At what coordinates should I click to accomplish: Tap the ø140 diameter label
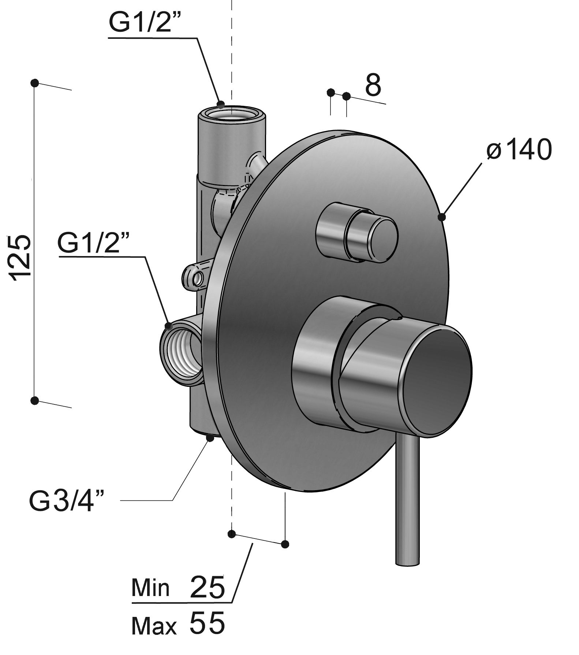(519, 150)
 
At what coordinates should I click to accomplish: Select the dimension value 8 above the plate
(373, 85)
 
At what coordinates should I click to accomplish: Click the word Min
(150, 588)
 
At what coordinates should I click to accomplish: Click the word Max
(154, 626)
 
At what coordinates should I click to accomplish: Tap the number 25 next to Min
(207, 587)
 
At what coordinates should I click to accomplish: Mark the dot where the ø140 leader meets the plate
(442, 217)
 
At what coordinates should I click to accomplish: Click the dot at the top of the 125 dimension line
(35, 83)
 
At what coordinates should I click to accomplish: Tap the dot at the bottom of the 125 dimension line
(35, 400)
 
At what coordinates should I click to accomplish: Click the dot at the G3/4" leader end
(210, 437)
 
